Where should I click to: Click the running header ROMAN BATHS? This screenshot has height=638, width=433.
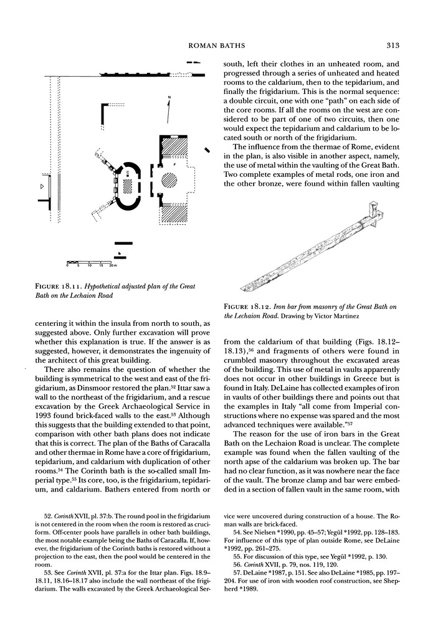click(216, 45)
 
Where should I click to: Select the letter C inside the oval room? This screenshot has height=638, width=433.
click(128, 172)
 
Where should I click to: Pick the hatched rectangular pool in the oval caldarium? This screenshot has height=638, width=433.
click(128, 185)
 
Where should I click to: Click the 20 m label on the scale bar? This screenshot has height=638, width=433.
click(113, 265)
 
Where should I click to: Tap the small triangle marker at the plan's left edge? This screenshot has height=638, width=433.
click(42, 186)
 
